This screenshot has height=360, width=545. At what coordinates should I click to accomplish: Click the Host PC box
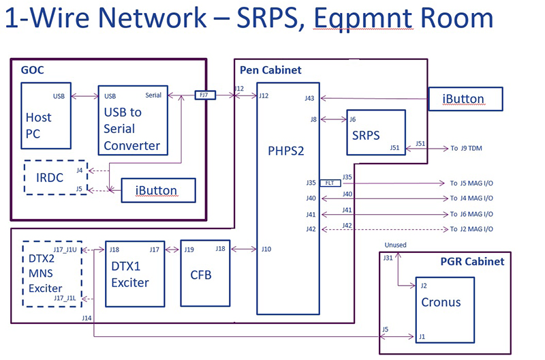click(46, 115)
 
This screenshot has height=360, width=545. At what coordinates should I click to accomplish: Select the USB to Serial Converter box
click(132, 120)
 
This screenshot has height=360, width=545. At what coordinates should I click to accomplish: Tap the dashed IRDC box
click(55, 177)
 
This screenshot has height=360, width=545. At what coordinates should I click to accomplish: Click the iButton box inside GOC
click(158, 190)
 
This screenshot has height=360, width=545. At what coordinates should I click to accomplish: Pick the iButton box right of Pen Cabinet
click(465, 99)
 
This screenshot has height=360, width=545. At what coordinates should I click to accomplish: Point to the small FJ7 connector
click(204, 95)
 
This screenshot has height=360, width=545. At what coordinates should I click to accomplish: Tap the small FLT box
click(329, 183)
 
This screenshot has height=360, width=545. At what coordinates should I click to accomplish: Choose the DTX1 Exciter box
click(135, 275)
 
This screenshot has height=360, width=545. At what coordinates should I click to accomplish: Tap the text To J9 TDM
click(468, 148)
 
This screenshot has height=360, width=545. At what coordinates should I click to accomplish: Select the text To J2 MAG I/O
click(471, 229)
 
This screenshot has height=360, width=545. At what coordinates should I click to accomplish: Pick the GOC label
click(32, 70)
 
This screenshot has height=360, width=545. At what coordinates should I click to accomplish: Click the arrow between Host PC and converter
click(84, 96)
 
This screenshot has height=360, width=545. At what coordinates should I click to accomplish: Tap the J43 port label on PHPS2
click(310, 98)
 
